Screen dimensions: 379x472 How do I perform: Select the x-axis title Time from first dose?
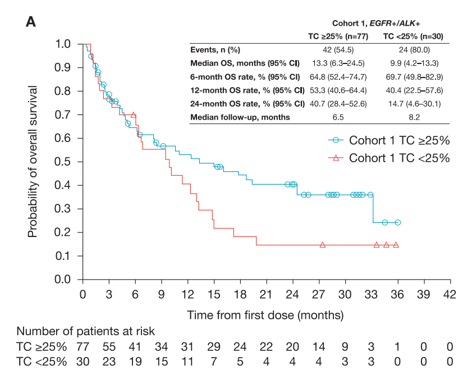point(265,314)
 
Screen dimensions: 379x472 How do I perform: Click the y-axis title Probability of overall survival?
point(33,162)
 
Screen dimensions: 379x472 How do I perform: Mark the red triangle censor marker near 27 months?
point(323,245)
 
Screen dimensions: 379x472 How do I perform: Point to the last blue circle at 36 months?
point(398,222)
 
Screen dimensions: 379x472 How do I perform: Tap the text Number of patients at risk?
point(85,331)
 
